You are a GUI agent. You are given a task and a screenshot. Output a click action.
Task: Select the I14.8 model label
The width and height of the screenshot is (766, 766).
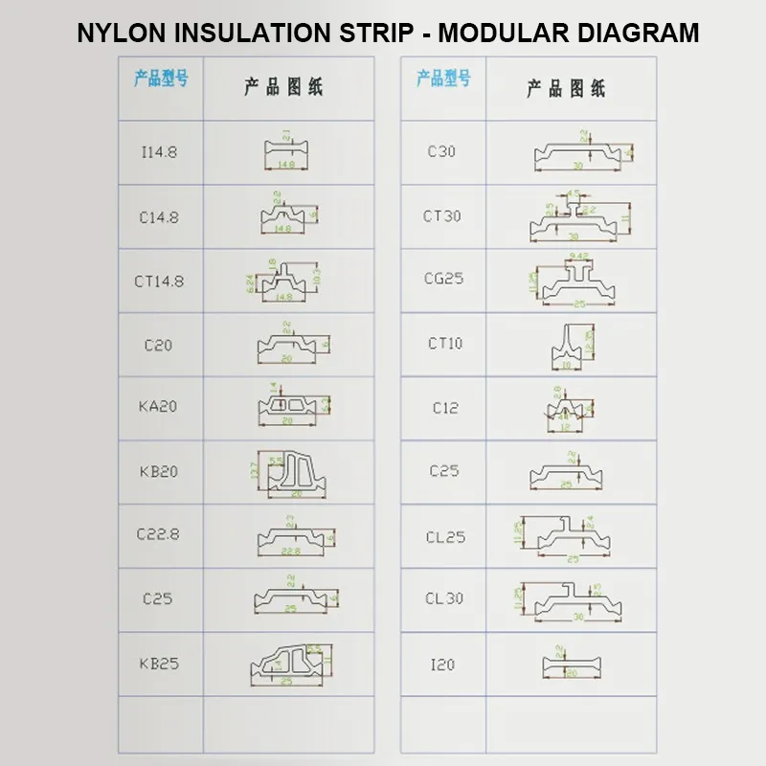(x=159, y=151)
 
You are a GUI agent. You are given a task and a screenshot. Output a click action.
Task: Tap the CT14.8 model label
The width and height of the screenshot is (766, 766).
(x=159, y=282)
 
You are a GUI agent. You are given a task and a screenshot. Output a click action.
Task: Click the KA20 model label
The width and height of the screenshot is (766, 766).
(x=159, y=406)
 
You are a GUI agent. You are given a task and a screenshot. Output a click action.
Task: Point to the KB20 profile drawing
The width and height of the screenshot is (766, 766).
(x=285, y=473)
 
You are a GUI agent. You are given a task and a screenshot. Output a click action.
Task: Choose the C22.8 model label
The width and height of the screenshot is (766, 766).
(x=159, y=534)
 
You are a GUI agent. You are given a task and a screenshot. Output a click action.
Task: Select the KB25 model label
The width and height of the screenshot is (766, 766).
(x=159, y=663)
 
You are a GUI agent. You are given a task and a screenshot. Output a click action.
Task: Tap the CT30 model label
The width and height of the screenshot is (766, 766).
(x=442, y=216)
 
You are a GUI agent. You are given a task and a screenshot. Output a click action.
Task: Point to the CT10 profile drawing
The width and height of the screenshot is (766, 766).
(x=572, y=346)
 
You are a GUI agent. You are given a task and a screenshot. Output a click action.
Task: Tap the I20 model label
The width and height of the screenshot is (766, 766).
(x=442, y=664)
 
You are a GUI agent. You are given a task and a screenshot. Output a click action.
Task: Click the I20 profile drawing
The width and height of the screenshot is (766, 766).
(x=571, y=664)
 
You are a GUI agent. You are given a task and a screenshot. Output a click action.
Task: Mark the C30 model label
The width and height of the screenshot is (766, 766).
(x=441, y=151)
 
